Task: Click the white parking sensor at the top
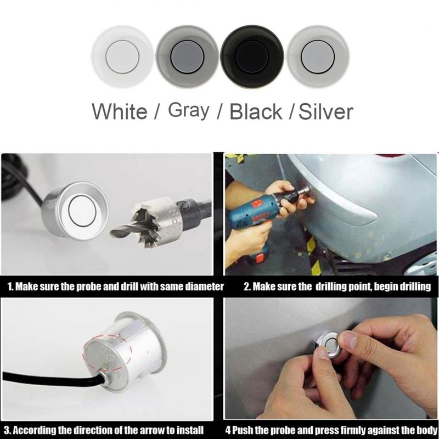click(122, 57)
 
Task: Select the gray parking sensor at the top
click(187, 57)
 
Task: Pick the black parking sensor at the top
click(252, 57)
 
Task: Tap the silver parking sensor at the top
click(318, 57)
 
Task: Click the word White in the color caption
click(120, 112)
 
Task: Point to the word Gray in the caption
click(189, 111)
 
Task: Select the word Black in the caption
click(256, 112)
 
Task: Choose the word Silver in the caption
click(326, 112)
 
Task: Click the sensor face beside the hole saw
click(82, 211)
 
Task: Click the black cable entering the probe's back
click(53, 378)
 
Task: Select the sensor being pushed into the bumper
click(328, 345)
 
